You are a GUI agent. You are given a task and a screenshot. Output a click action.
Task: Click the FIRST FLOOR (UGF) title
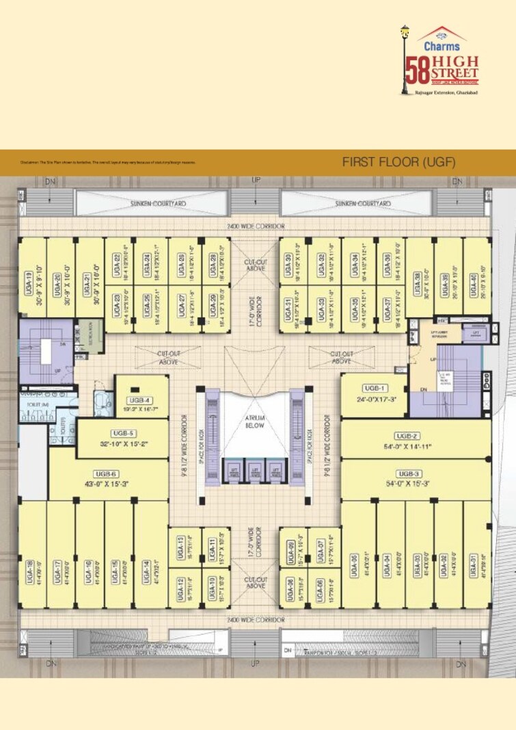[x=398, y=162]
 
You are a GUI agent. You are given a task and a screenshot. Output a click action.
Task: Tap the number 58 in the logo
[x=414, y=69]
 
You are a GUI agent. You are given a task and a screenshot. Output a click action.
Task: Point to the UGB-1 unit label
[x=375, y=388]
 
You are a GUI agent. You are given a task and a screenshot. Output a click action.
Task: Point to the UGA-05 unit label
[x=354, y=565]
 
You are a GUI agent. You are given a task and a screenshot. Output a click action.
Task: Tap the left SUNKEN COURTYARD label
[x=159, y=203]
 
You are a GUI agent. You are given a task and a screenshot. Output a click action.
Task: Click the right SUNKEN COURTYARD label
[x=363, y=203]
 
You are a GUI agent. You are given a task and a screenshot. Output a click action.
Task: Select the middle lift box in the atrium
[x=256, y=471]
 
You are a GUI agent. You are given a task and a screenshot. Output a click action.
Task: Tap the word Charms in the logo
[x=442, y=47]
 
